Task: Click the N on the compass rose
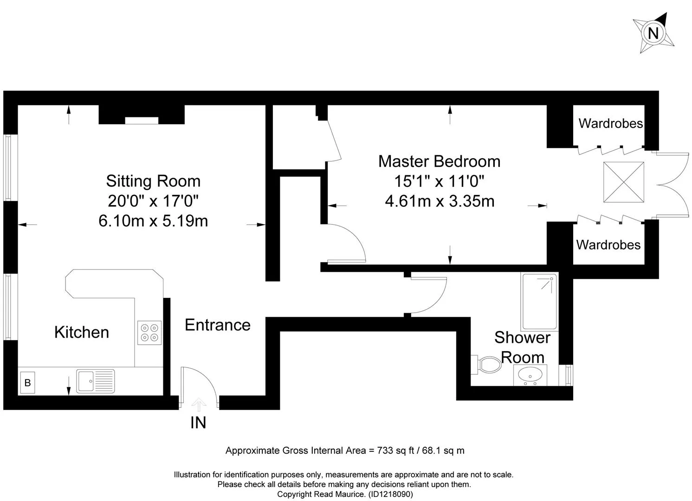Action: tap(653, 33)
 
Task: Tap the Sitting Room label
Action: tap(153, 181)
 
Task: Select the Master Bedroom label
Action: tap(439, 161)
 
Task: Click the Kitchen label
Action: tap(82, 332)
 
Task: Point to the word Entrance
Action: tap(218, 325)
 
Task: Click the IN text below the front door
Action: tap(198, 423)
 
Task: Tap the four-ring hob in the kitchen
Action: tap(149, 333)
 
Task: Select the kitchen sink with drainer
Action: tap(96, 381)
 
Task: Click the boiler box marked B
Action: tap(27, 383)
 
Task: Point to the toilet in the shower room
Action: tap(486, 365)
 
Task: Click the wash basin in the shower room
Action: tap(530, 375)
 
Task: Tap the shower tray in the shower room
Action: tap(539, 302)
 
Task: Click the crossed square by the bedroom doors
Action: tap(624, 182)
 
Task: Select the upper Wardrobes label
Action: tap(610, 123)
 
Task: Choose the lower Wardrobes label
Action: tap(608, 245)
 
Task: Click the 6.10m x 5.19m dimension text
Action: tap(153, 221)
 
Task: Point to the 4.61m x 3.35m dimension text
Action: tap(440, 201)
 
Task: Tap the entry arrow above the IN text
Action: tap(199, 405)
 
